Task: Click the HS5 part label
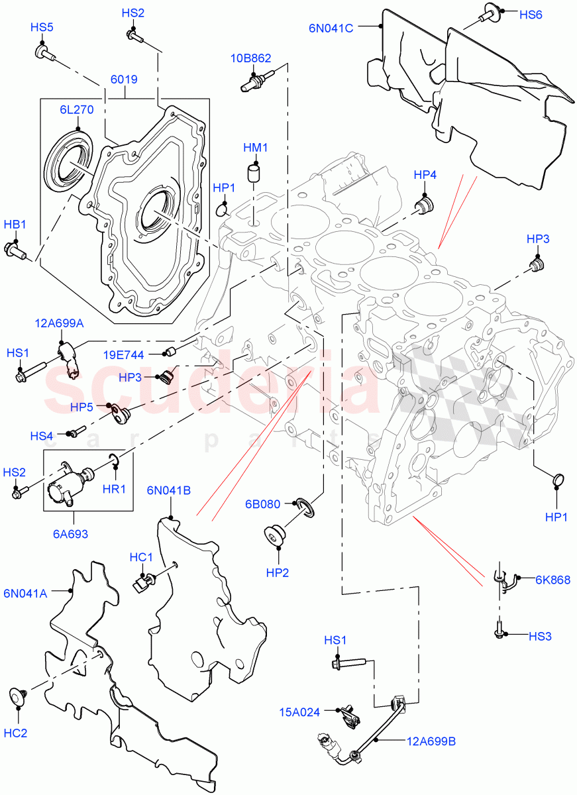coord(42,27)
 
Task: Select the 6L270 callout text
coord(78,110)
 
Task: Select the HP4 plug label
coord(425,175)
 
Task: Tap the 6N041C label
coord(331,28)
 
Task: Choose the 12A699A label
coord(60,323)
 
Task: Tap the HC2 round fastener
coord(18,696)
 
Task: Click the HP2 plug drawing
coord(274,535)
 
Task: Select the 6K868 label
coord(552,580)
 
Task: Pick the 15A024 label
coord(300,712)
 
